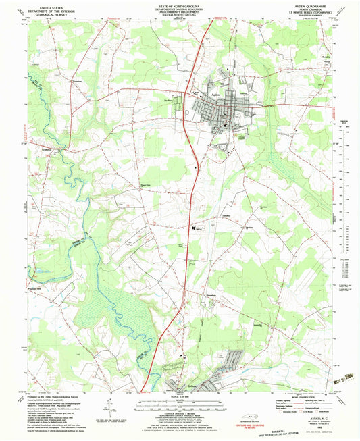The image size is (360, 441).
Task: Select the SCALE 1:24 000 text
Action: click(x=180, y=396)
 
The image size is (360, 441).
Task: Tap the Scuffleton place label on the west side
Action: click(x=45, y=149)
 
